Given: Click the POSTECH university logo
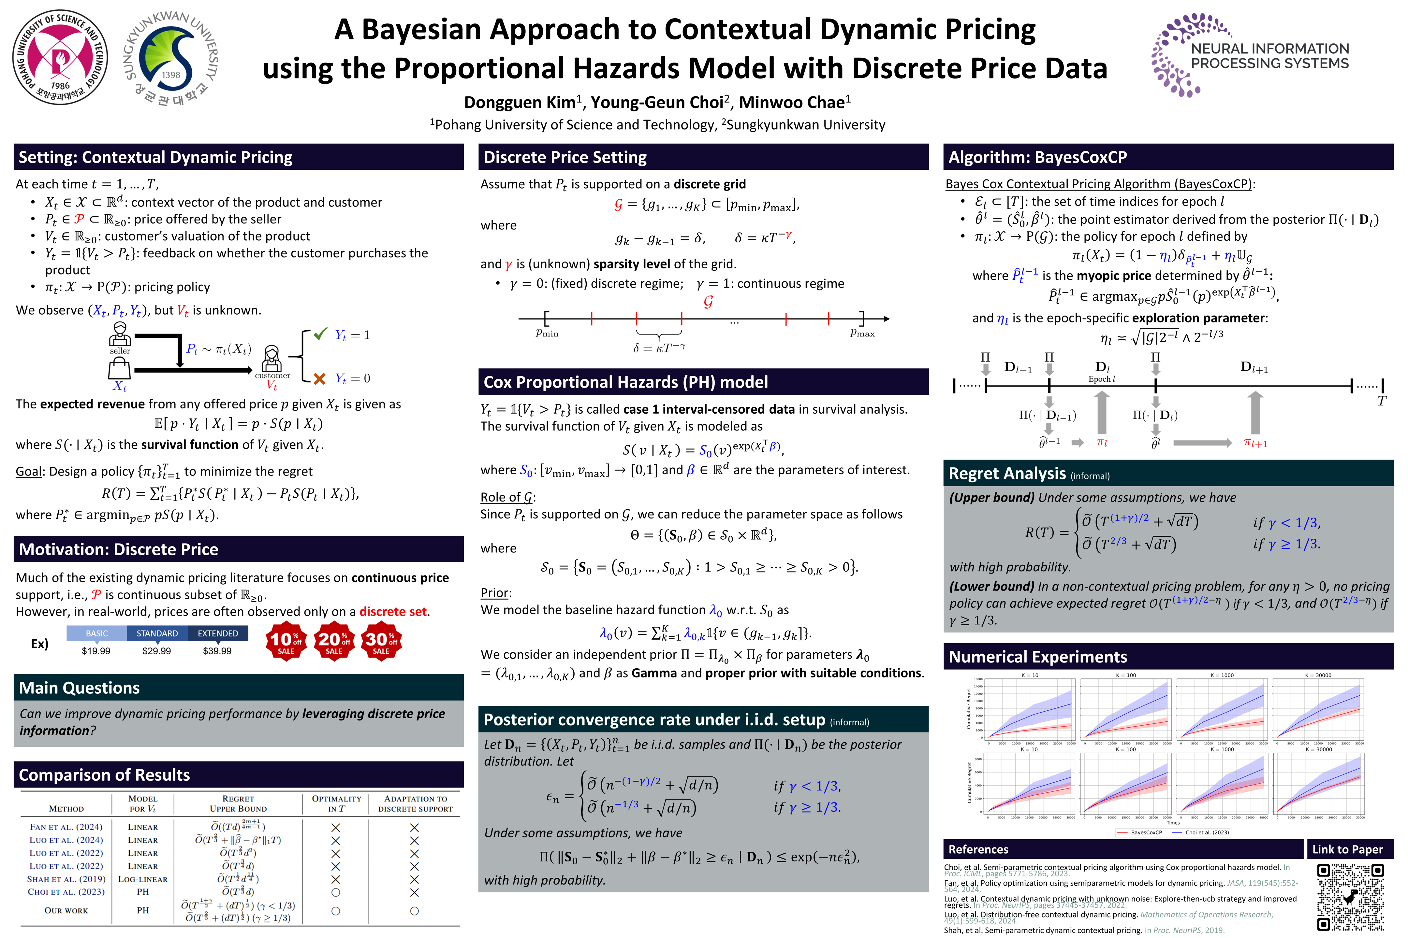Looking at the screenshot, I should coord(61,57).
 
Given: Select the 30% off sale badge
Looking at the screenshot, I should coord(381,641).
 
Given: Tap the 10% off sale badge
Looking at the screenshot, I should coord(286,641).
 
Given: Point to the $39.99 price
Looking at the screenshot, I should coord(217,651).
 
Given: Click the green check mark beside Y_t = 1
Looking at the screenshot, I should coord(321,334).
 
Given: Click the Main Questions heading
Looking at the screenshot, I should coord(80,688).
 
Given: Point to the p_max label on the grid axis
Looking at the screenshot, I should coord(862,333).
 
